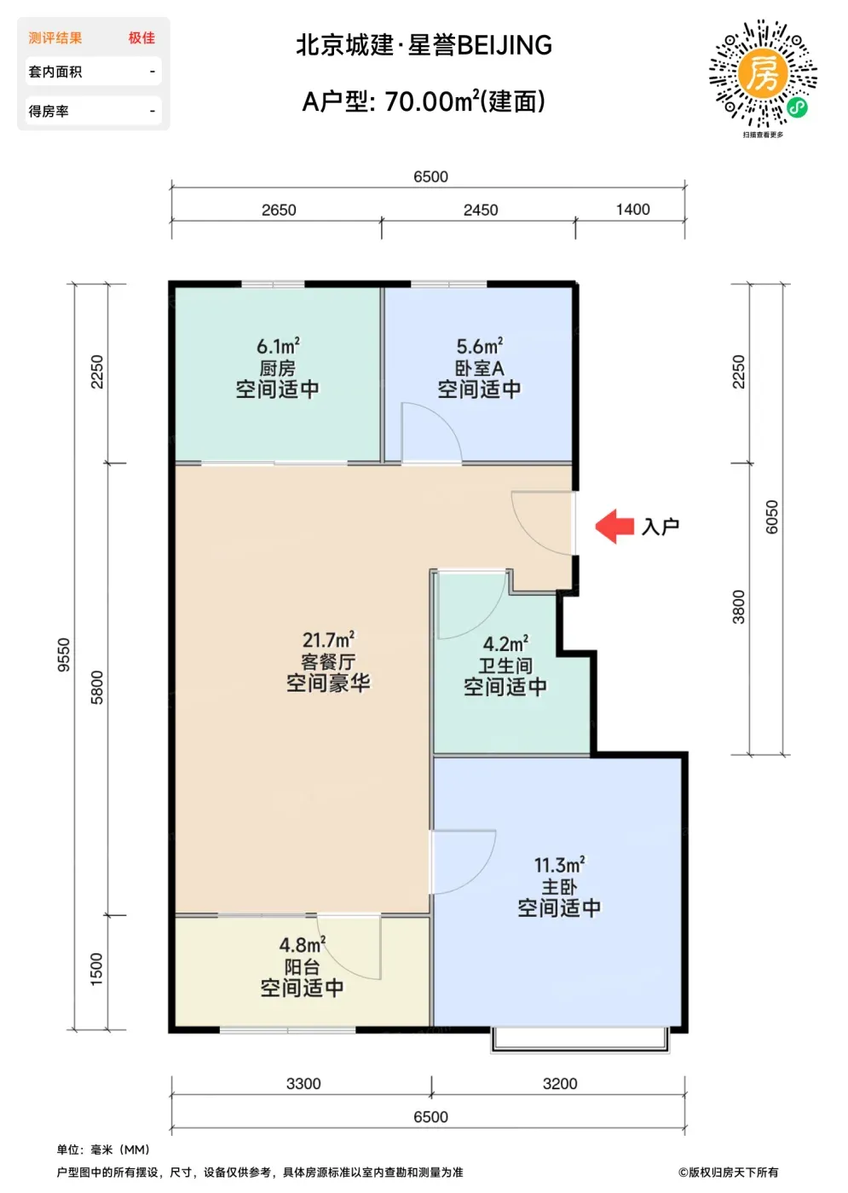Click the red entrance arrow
point(614,527)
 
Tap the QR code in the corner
point(763,73)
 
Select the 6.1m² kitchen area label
point(278,346)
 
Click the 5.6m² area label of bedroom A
point(479,346)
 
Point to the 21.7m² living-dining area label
point(328,639)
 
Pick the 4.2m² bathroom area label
point(505,643)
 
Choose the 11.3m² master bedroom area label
point(559,865)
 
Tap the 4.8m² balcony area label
point(302,945)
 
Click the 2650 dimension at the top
point(279,210)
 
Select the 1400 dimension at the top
point(632,210)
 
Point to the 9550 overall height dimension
point(63,654)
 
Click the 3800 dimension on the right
point(738,607)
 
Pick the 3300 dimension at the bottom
point(303,1083)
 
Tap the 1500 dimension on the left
point(95,970)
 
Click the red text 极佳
point(141,37)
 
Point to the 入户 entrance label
point(661,527)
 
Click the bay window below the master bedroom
point(580,1040)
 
